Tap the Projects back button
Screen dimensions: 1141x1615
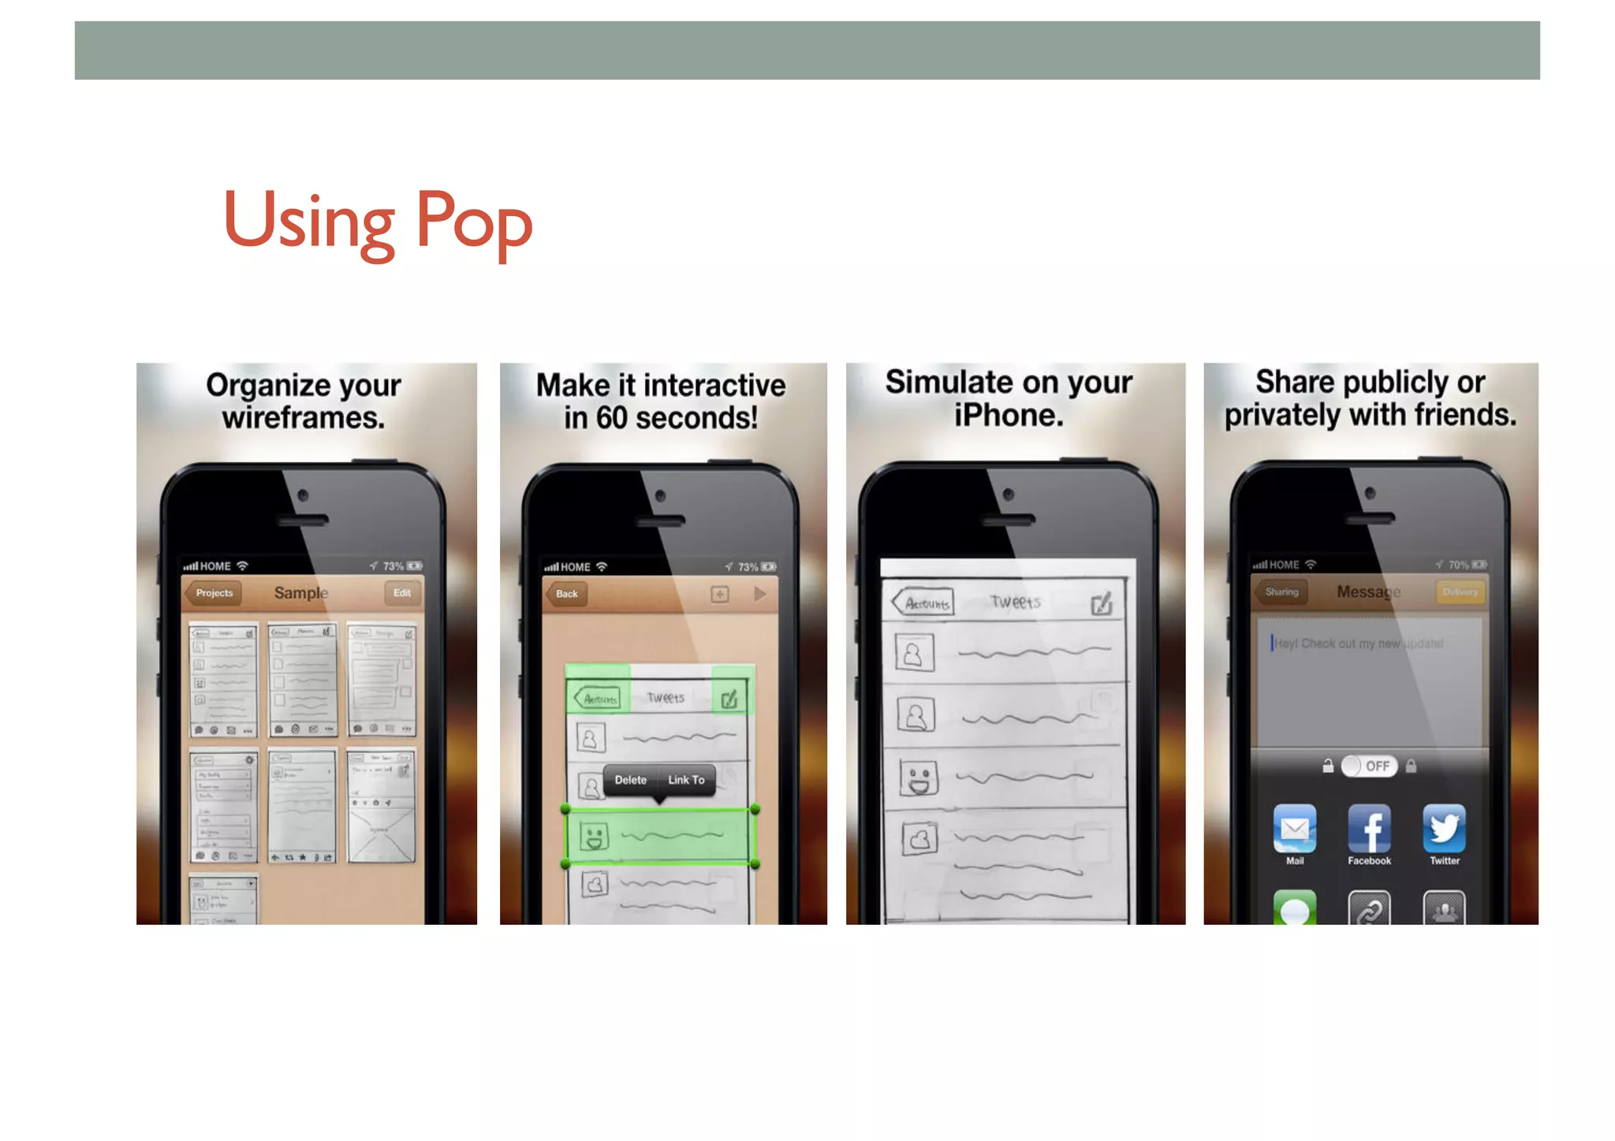(213, 593)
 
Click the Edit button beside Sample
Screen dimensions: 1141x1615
(402, 593)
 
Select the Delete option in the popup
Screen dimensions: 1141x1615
(630, 780)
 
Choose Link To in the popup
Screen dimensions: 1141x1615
(686, 780)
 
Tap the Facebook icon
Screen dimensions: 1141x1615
(1369, 829)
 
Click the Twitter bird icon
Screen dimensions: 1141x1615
(1445, 829)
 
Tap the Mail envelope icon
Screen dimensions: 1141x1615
(1295, 829)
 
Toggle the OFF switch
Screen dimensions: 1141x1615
(1370, 766)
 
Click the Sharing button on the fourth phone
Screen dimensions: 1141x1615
(1281, 592)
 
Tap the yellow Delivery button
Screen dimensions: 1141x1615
(1460, 592)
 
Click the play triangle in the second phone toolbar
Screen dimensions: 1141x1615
(760, 594)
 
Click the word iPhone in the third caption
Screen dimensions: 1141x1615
(1009, 416)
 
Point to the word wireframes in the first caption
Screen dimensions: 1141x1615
(304, 418)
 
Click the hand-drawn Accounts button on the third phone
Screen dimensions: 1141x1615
(923, 603)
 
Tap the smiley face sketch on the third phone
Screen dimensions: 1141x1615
(919, 777)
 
